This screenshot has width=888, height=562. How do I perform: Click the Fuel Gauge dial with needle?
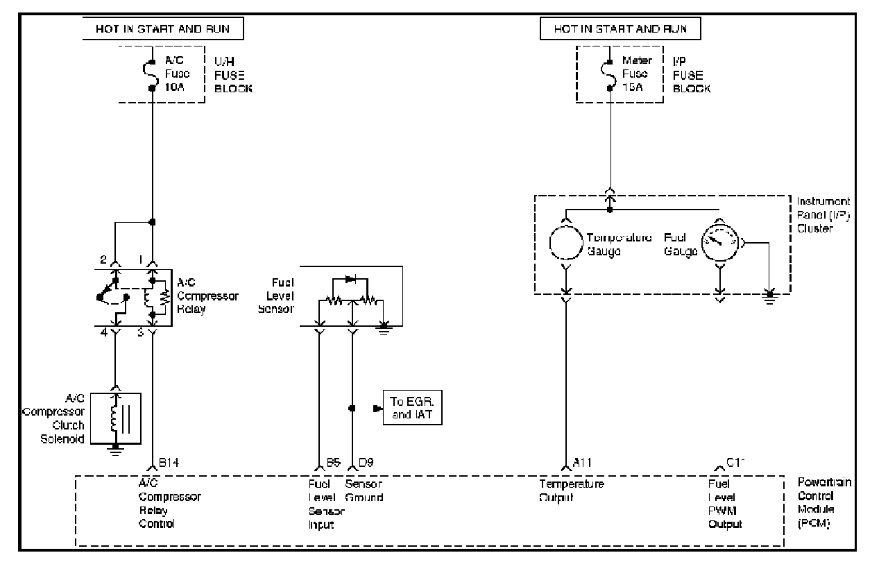[x=721, y=242]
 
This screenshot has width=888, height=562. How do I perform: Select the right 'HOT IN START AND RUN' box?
[x=620, y=28]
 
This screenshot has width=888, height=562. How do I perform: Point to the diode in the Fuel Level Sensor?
[x=350, y=279]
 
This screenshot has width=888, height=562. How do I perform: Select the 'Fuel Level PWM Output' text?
[x=724, y=504]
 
